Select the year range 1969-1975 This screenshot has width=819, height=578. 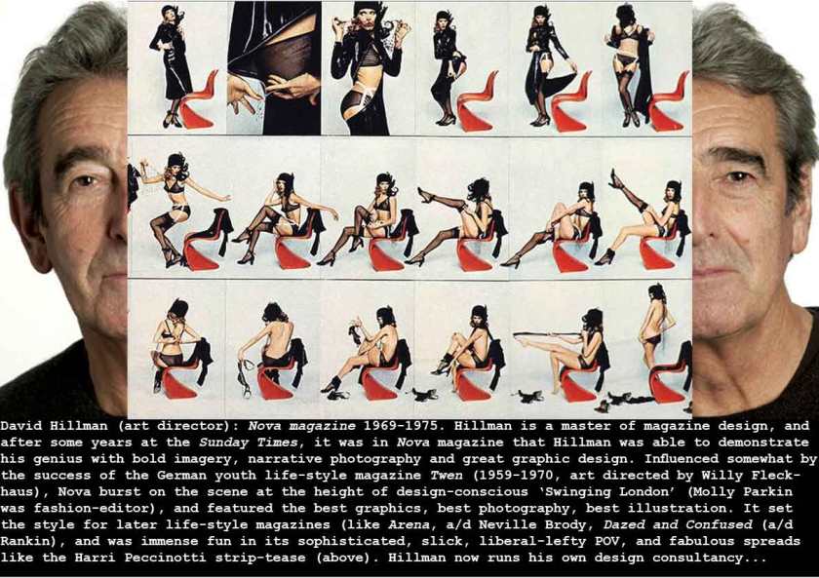tap(401, 426)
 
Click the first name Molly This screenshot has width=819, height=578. tap(721, 492)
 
